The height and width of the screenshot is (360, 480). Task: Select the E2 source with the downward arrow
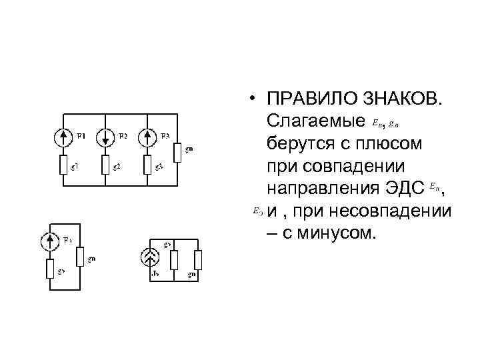[x=105, y=138]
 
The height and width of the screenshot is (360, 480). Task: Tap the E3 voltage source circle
[x=147, y=138]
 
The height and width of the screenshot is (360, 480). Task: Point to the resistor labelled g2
[x=105, y=164]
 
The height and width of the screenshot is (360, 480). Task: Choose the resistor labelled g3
[x=147, y=164]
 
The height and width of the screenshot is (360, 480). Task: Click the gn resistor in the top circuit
[x=177, y=153]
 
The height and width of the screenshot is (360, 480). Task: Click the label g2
[x=117, y=166]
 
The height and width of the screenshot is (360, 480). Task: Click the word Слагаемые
[x=315, y=122]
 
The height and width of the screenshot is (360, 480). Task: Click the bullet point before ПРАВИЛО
[x=254, y=100]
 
